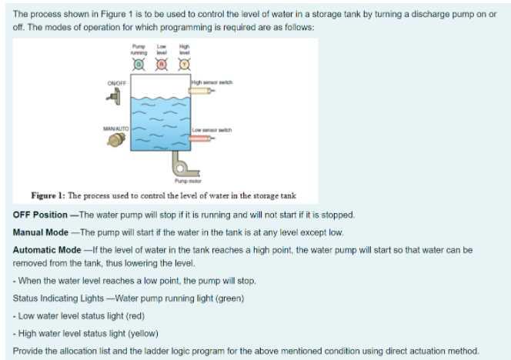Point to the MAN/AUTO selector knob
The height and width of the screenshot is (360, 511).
(x=116, y=140)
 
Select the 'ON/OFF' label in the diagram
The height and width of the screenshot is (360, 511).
(x=116, y=82)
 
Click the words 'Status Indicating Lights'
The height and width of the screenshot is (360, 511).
(x=59, y=298)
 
